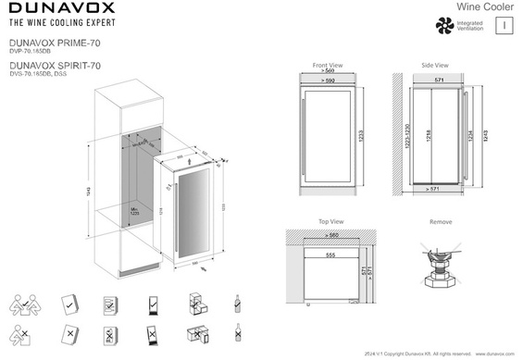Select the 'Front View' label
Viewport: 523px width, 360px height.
[x=328, y=67]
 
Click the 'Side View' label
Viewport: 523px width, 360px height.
[x=434, y=67]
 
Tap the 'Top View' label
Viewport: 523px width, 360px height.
[x=330, y=223]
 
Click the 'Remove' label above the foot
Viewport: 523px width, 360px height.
[x=442, y=223]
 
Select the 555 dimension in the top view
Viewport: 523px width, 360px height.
[x=330, y=253]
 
